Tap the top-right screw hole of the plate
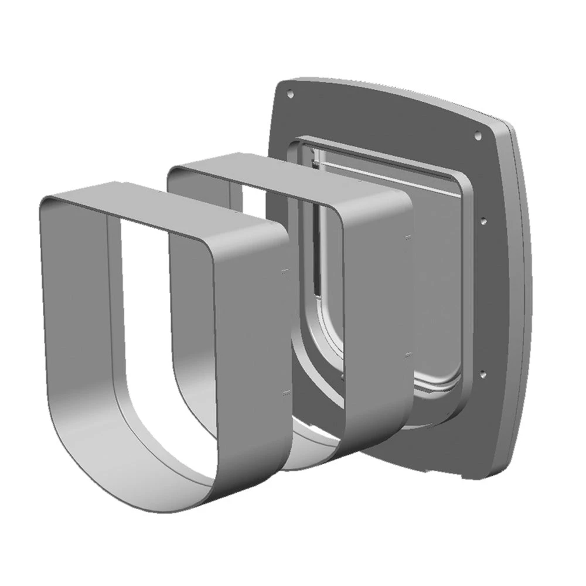477,134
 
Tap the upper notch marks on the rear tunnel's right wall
407,237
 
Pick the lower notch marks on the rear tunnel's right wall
407,355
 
